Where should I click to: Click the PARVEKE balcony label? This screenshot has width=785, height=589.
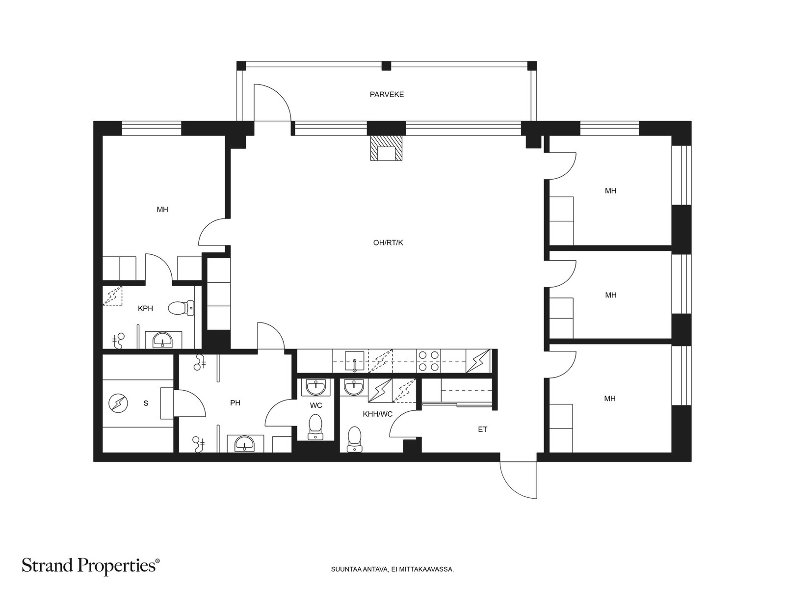point(387,94)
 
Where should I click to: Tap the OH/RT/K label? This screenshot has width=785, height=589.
point(388,243)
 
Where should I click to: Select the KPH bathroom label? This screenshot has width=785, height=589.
point(146,308)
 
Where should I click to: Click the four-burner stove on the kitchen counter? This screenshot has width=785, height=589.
point(429,361)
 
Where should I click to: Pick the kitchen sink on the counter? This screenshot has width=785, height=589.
point(354,361)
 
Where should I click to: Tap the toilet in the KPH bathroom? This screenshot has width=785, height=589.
point(181,308)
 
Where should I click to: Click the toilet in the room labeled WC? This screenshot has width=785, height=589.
point(315,427)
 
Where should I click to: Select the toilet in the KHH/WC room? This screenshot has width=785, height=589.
point(354,439)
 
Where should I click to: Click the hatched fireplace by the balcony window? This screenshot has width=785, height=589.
point(386,148)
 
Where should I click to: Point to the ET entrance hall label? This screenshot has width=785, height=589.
point(482,429)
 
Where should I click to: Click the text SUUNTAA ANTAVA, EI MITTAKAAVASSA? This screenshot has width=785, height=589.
point(392,569)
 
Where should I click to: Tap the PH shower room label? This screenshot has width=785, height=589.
point(235,403)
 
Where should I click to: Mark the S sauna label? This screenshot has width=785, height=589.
point(146,403)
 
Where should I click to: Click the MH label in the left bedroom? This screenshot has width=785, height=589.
point(162,210)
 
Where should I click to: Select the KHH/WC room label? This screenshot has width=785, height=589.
point(378,414)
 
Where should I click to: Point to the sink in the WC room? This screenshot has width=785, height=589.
point(316,387)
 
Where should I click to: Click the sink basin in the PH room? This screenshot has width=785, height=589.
point(245,444)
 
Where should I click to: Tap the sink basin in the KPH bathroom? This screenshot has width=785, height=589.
point(163,340)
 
